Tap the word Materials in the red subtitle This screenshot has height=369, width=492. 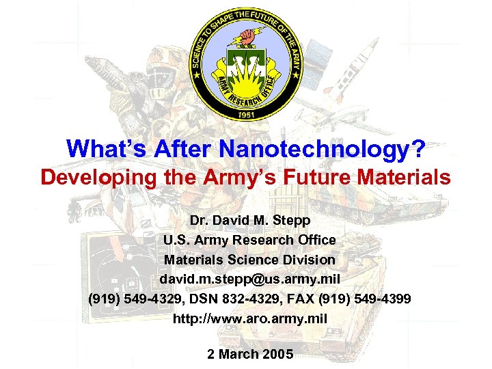tap(404, 178)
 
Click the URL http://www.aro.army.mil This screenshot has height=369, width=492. tap(250, 318)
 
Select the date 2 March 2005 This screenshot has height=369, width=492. tap(249, 354)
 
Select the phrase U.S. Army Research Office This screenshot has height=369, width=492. tap(249, 241)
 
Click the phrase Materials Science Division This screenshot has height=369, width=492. tap(249, 260)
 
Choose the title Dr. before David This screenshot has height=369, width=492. tap(199, 221)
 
